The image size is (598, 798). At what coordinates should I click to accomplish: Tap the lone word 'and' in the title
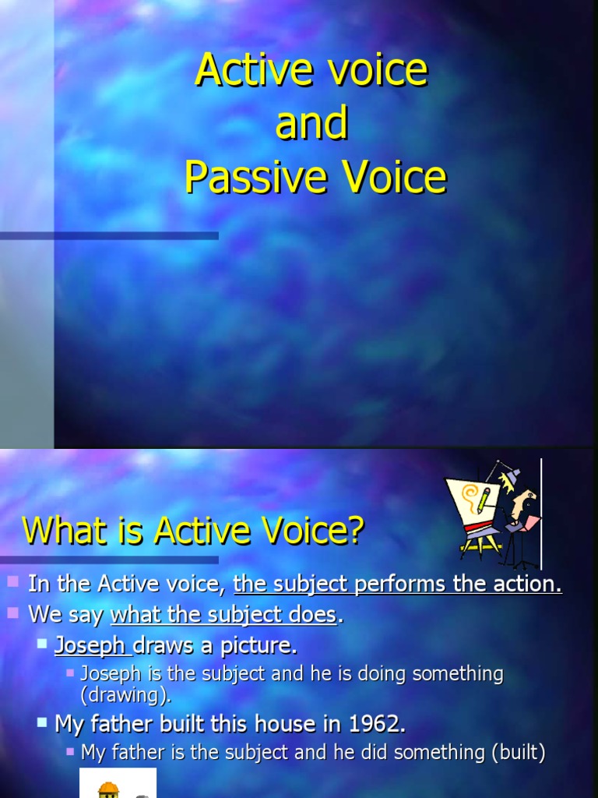(311, 125)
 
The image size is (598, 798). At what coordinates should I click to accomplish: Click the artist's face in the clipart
(526, 499)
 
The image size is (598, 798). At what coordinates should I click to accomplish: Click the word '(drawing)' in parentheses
(125, 695)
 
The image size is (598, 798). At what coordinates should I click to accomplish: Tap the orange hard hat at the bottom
(107, 789)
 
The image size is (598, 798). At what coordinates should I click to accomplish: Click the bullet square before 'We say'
(13, 613)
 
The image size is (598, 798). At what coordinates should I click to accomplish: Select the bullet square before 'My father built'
(42, 722)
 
